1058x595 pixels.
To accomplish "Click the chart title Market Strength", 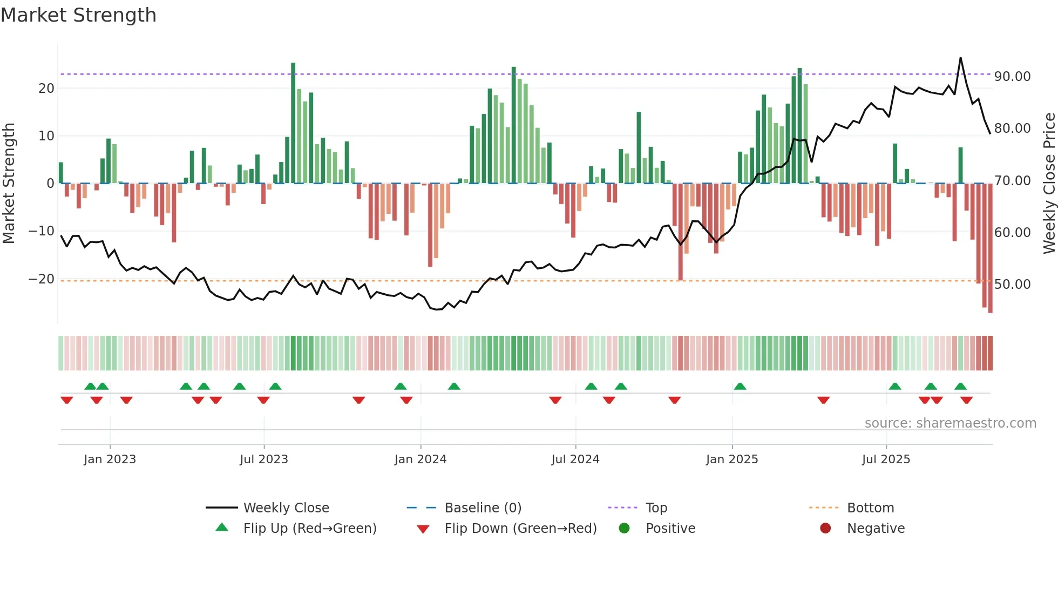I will point(78,15).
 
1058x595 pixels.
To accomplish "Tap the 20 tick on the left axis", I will point(46,89).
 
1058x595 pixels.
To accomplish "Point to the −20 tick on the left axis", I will point(42,279).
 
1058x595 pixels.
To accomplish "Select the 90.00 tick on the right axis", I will point(1012,77).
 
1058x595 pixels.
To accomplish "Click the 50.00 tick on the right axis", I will point(1012,285).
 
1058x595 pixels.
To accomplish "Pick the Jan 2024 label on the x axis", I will point(421,459).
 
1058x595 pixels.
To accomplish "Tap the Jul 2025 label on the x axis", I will point(886,459).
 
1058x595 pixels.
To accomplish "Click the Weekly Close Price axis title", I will point(1049,184).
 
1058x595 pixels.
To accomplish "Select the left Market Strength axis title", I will point(9,184).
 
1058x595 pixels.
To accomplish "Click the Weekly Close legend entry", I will point(286,508).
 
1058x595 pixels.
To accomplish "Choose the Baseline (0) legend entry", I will point(483,508).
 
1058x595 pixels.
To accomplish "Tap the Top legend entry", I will point(656,508).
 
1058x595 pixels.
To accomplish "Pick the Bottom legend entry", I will point(870,508).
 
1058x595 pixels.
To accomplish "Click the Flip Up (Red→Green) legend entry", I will point(309,529).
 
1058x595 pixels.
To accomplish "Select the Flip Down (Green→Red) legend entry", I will point(520,529).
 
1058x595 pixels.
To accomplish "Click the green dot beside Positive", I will point(624,529).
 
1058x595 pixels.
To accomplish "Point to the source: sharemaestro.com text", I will point(950,423).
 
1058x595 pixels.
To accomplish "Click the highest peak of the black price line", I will point(960,58).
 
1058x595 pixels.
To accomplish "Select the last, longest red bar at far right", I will point(990,248).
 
